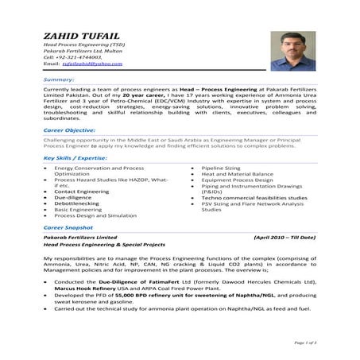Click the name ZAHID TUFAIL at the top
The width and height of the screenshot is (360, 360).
point(77,37)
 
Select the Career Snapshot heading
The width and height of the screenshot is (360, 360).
point(69,227)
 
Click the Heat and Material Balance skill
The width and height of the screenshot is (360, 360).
point(237,174)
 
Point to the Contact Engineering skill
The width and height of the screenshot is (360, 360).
point(81,192)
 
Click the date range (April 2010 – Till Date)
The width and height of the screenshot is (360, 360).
point(283,238)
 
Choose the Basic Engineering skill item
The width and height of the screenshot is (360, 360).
point(78,209)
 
